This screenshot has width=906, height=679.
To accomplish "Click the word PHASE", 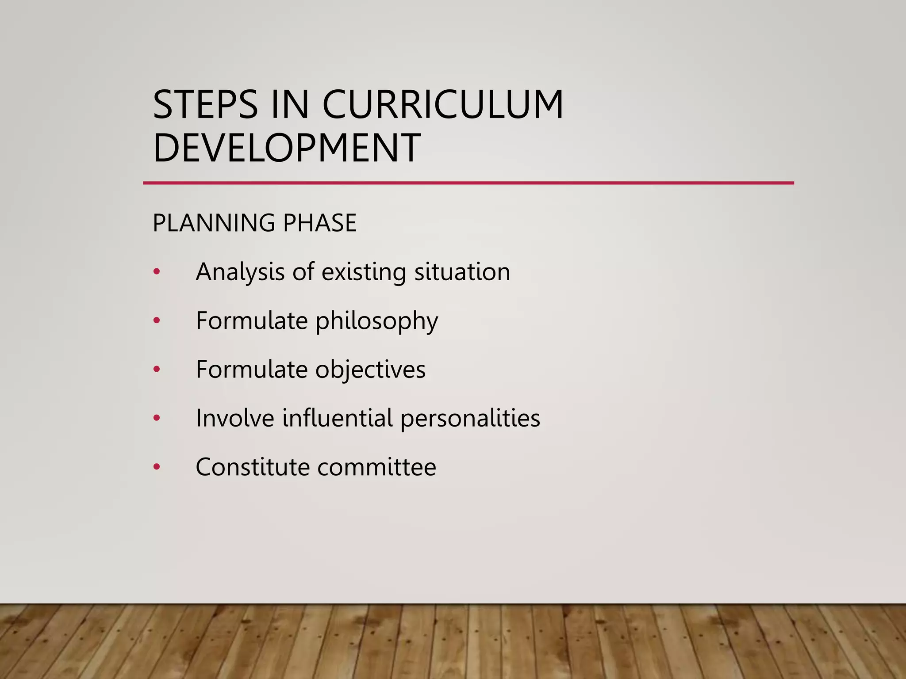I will pyautogui.click(x=320, y=223).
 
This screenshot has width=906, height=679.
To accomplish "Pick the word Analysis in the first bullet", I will pyautogui.click(x=240, y=272).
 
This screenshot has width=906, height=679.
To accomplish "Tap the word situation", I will pyautogui.click(x=462, y=272).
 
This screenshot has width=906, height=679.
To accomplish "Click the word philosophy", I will pyautogui.click(x=376, y=321).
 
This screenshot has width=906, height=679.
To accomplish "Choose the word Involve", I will pyautogui.click(x=235, y=418).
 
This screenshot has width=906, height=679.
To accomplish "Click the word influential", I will pyautogui.click(x=338, y=418).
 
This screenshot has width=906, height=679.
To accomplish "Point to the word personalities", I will pyautogui.click(x=470, y=418).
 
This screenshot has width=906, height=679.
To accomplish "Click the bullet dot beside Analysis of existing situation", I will pyautogui.click(x=157, y=272).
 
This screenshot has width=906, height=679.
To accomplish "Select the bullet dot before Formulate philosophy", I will pyautogui.click(x=157, y=321).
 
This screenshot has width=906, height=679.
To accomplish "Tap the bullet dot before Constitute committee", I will pyautogui.click(x=157, y=467).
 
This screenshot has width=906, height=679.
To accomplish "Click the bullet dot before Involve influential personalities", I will pyautogui.click(x=157, y=418).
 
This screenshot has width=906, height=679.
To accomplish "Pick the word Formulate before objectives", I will pyautogui.click(x=252, y=370).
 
